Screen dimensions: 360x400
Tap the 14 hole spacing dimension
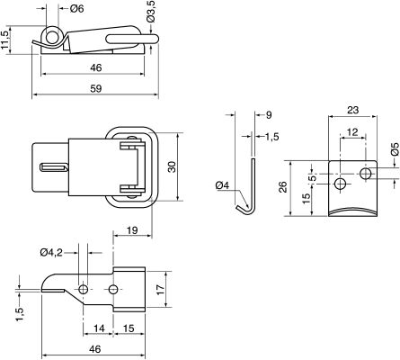pos(97,329)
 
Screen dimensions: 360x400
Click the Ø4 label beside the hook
pos(223,186)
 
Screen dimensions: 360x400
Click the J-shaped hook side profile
pos(251,189)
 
